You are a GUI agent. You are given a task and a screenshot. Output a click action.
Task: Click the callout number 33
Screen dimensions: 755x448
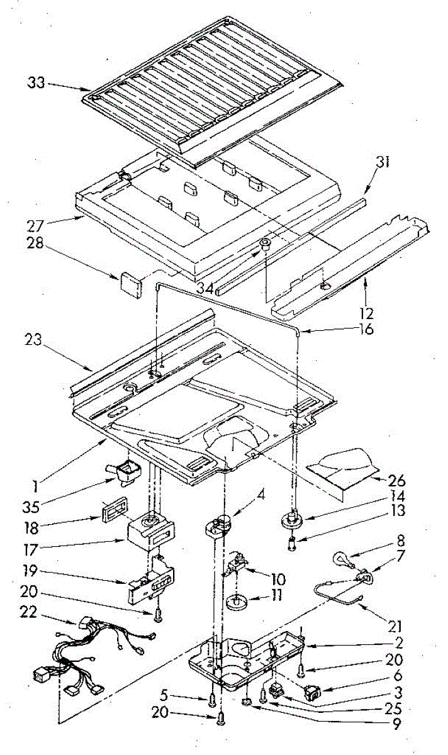click(x=36, y=82)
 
